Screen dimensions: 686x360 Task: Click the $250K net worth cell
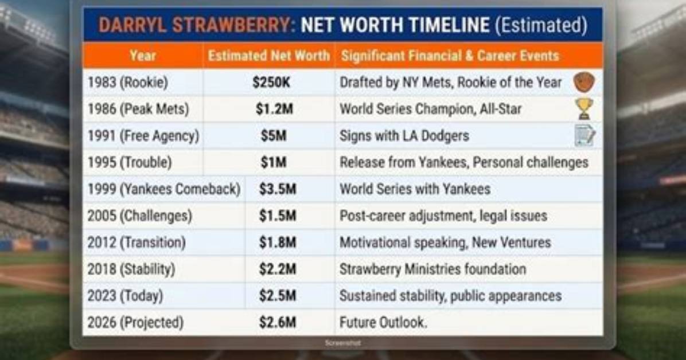click(271, 82)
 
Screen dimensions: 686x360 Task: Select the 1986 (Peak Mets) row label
click(138, 109)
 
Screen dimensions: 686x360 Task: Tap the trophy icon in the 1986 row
click(584, 109)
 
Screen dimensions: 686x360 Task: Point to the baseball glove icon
click(584, 82)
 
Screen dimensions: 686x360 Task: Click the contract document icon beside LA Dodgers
click(584, 136)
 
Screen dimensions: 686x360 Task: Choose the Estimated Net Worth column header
click(268, 56)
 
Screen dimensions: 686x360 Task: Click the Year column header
click(143, 56)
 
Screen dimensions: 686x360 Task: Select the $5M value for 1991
click(274, 136)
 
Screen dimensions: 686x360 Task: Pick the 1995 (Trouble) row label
click(130, 162)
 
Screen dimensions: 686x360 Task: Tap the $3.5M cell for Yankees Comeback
click(278, 189)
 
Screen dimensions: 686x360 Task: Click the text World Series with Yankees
click(415, 189)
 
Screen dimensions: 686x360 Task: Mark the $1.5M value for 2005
click(278, 216)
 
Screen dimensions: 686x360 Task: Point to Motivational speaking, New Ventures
click(445, 242)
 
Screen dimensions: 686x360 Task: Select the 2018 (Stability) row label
click(131, 269)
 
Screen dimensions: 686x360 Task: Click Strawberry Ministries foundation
click(432, 269)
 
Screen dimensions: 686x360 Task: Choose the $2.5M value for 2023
click(278, 296)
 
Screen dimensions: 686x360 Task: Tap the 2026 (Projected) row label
click(135, 322)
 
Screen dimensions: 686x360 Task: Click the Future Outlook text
click(383, 322)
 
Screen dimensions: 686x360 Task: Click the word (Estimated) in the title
click(541, 25)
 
